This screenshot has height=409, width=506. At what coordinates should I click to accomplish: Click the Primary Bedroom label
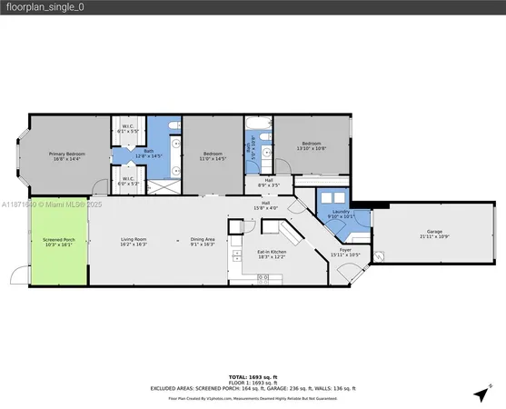[67, 156]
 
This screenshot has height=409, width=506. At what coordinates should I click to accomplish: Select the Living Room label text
[134, 242]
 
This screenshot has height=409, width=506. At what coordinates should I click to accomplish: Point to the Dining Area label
[202, 242]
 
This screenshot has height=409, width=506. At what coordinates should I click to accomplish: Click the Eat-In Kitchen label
[271, 254]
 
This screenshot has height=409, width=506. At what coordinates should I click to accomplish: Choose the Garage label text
[432, 234]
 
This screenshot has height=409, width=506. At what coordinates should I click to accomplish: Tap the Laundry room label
[340, 214]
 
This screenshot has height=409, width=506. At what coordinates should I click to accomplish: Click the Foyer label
[344, 252]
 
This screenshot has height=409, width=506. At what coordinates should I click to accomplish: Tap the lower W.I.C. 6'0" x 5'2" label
[128, 180]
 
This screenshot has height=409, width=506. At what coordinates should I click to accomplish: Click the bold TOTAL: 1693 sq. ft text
[253, 375]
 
